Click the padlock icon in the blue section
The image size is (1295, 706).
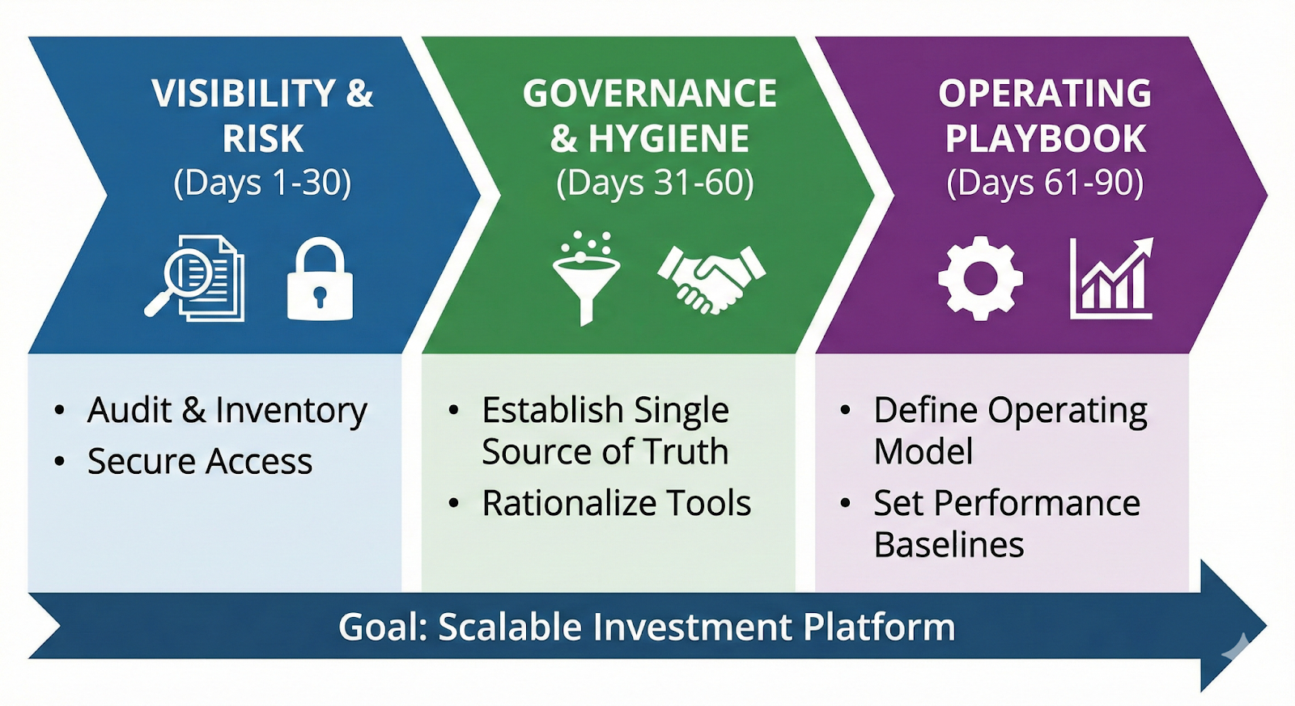(320, 280)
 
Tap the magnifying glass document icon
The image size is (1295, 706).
(195, 277)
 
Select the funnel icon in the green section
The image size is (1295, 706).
(586, 278)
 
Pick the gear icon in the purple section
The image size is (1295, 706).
(980, 278)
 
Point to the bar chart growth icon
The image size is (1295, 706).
(1111, 278)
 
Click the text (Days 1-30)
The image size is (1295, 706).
(262, 183)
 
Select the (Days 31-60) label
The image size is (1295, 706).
(655, 183)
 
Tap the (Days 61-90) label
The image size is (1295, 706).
(1045, 183)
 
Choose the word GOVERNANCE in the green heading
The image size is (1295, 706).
(650, 94)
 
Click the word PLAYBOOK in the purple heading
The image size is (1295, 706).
(1046, 138)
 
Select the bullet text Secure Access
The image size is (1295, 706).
(200, 462)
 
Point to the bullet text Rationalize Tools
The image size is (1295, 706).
(617, 503)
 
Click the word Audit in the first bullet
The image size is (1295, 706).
(129, 410)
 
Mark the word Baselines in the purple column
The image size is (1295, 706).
(949, 545)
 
